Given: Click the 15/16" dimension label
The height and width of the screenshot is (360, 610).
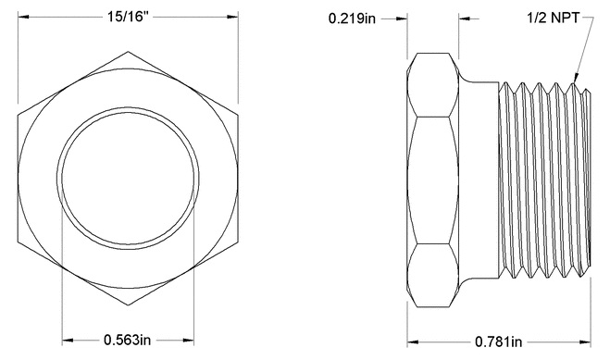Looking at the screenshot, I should pos(129,18).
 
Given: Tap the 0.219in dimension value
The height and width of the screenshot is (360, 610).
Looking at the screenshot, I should pos(352,19).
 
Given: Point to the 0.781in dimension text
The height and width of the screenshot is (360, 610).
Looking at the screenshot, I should pos(501,340).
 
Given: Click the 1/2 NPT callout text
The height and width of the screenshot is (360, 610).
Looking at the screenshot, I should pos(560,18).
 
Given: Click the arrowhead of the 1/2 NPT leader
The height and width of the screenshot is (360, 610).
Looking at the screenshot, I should pos(576,85).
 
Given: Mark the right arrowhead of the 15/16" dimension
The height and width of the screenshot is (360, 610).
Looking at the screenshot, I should pos(236,18).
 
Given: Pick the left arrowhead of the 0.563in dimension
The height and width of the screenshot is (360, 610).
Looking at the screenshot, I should pos(66,339).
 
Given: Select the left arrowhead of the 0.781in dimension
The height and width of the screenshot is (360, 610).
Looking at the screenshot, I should pos(413,340).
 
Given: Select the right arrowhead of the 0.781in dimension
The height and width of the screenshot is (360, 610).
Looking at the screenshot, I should pos(587,340).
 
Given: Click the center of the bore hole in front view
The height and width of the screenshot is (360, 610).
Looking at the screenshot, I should pos(129,179).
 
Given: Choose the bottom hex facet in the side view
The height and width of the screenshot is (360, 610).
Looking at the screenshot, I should pos(434,274).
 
